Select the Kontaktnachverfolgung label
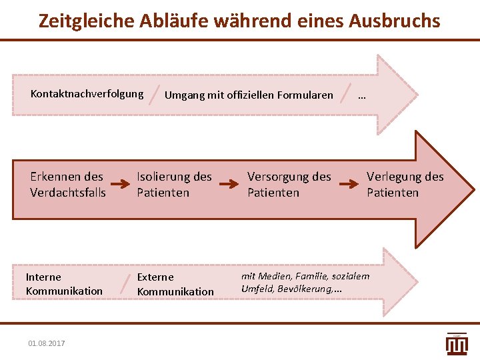(x=87, y=93)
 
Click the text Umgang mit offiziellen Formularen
(x=249, y=95)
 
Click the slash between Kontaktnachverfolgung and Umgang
(x=155, y=95)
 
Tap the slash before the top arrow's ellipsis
(x=345, y=95)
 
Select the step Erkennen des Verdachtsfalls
(x=67, y=185)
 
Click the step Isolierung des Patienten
(x=174, y=185)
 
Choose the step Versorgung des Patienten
(x=289, y=185)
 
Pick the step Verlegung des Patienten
(x=405, y=185)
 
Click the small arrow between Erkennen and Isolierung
(x=120, y=184)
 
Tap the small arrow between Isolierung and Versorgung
(x=230, y=184)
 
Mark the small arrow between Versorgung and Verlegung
(x=349, y=184)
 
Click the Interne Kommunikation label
(x=64, y=284)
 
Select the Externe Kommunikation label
(x=175, y=284)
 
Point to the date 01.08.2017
(x=47, y=343)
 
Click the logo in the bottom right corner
(x=457, y=343)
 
